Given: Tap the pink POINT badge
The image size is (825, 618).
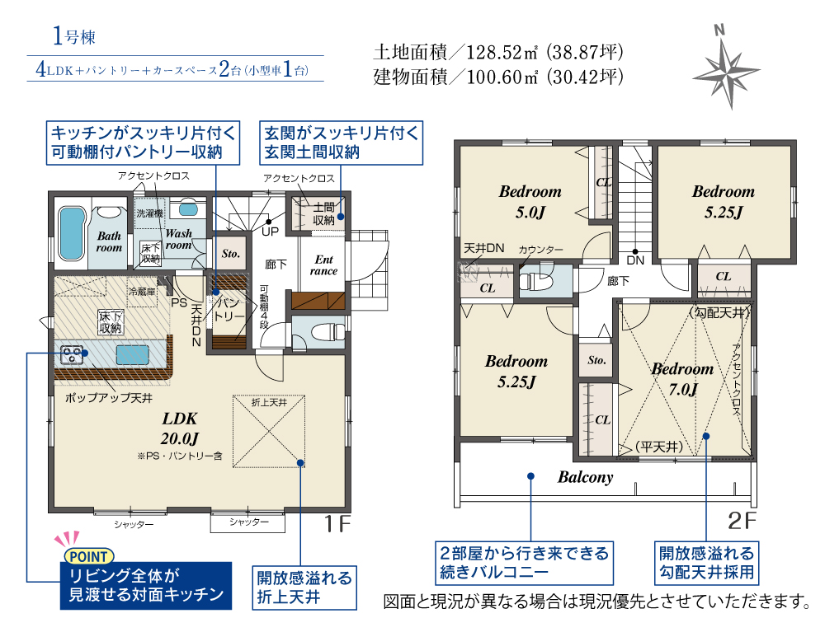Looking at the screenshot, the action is (x=88, y=556).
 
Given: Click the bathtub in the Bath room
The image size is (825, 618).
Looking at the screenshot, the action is (x=72, y=233).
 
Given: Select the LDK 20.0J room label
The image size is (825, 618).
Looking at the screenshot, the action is (x=180, y=428).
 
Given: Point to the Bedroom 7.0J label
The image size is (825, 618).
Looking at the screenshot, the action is (x=682, y=379).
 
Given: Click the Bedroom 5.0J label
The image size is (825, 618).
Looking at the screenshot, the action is (x=530, y=202).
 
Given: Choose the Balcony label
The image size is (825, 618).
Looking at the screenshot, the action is (x=586, y=477).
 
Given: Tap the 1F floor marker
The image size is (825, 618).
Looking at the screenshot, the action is (x=337, y=523).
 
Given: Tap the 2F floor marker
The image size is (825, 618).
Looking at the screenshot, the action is (x=742, y=520).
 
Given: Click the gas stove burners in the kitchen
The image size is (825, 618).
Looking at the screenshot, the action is (x=72, y=354).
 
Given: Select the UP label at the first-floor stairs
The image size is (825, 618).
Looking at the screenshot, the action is (x=270, y=232).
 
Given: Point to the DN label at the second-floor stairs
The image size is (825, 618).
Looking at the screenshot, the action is (x=635, y=260).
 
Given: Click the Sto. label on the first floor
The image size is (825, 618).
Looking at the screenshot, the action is (x=230, y=253).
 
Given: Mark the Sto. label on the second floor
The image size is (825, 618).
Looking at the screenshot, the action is (x=596, y=360).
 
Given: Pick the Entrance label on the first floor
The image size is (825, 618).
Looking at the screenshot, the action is (x=323, y=265).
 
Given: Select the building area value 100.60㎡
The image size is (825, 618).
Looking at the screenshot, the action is (x=502, y=77).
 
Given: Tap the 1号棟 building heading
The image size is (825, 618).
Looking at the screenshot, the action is (x=74, y=36).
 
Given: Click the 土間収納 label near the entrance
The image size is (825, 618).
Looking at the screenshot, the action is (x=323, y=214).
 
